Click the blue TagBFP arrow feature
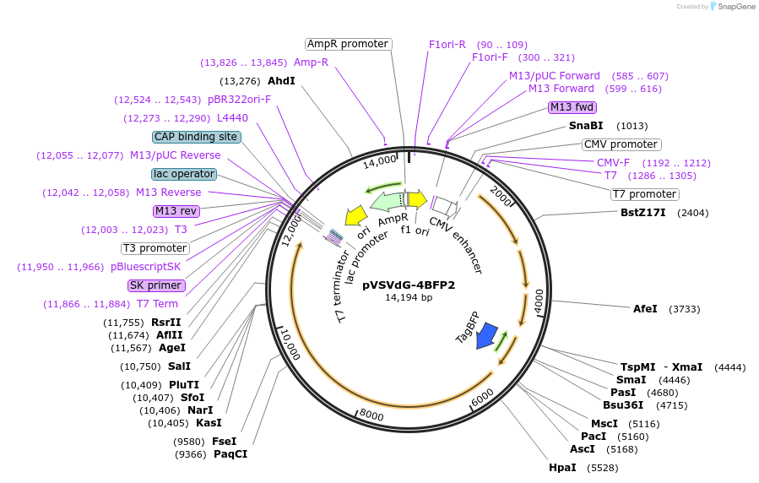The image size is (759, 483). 486,336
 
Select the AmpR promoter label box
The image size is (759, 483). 348,44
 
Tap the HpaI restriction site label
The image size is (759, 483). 561,467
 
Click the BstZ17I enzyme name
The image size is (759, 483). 642,212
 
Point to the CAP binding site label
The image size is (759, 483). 197,137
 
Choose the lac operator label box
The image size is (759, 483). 184,174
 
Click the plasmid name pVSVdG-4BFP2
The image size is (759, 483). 409,285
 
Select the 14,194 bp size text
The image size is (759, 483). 409,297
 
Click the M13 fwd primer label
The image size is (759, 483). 572,107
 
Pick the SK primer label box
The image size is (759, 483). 155,285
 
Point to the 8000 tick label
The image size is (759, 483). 371,413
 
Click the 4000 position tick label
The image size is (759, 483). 539,301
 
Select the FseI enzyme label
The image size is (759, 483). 224,441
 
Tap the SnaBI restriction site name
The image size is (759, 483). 586,126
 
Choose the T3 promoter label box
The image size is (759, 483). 155,248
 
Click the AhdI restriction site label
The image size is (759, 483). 281,81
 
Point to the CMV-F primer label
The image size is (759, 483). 613,163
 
